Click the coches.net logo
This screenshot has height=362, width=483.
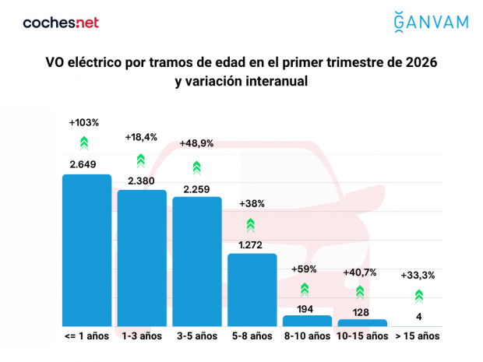pos(61,23)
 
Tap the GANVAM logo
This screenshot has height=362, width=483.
pos(431,20)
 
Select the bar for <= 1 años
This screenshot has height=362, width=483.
pos(86,251)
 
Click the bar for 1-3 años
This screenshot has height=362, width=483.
pos(142,258)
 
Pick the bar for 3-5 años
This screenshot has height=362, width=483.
pos(197,262)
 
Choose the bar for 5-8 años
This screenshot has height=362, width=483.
pos(252,290)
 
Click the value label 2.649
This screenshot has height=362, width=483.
pos(86,164)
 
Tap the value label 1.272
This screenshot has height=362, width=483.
pos(252,244)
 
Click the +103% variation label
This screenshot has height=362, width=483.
pos(84,123)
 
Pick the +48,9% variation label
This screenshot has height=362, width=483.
pos(196,144)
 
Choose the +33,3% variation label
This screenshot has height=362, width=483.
pos(418,276)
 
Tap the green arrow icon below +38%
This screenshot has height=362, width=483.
pos(251,225)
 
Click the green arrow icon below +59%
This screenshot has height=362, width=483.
pos(305,289)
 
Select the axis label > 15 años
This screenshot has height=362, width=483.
pos(418,336)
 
